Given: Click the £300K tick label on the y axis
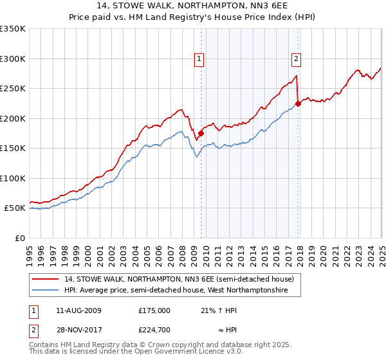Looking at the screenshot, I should (x=13, y=59).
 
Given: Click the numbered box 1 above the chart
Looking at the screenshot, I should (x=199, y=59).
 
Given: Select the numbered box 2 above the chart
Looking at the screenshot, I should (x=297, y=59).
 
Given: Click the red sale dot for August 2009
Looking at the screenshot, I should (x=201, y=134).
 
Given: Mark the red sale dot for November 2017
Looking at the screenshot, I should (x=298, y=104).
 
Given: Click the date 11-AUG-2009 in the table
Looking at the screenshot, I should (x=79, y=310).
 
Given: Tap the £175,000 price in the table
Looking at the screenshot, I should (x=154, y=310).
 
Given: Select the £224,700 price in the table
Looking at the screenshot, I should (x=154, y=330).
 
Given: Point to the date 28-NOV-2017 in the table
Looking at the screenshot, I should (x=79, y=330).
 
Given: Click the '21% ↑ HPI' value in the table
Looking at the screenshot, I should (x=219, y=310).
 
